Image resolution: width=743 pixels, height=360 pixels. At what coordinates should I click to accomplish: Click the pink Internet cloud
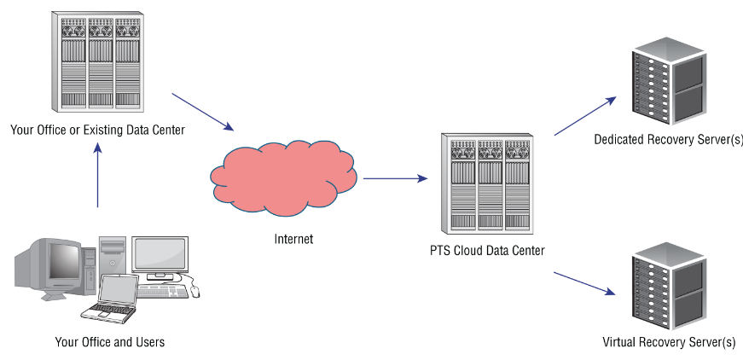pyautogui.click(x=281, y=175)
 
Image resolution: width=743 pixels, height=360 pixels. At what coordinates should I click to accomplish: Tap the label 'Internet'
pyautogui.click(x=293, y=239)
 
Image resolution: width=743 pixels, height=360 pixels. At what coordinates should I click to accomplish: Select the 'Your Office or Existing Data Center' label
pyautogui.click(x=97, y=130)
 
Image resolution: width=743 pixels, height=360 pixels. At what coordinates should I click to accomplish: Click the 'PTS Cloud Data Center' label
pyautogui.click(x=487, y=251)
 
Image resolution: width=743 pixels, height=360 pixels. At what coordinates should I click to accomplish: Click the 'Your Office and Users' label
pyautogui.click(x=109, y=342)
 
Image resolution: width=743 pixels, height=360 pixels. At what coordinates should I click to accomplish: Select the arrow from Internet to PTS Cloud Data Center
pyautogui.click(x=395, y=179)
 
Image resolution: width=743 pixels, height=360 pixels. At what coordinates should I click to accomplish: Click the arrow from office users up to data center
pyautogui.click(x=98, y=175)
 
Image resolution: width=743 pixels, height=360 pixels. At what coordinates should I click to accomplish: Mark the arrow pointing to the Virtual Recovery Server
pyautogui.click(x=585, y=284)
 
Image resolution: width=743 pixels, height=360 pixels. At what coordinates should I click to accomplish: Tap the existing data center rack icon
pyautogui.click(x=96, y=61)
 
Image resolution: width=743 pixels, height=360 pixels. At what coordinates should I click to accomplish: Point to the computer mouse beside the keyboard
pyautogui.click(x=195, y=291)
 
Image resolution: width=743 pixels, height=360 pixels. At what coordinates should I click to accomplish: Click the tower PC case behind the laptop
pyautogui.click(x=113, y=256)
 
